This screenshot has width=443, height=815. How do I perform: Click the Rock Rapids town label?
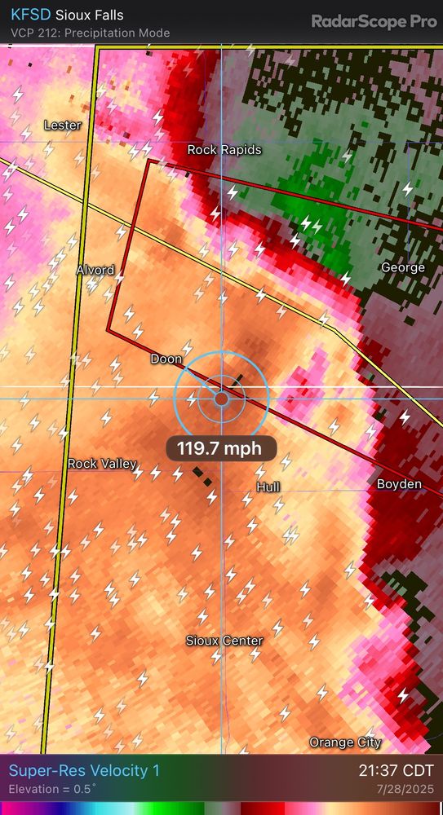click(224, 150)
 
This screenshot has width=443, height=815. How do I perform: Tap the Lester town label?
click(62, 126)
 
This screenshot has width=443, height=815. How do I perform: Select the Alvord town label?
click(95, 270)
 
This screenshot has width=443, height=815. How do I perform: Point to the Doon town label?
click(166, 359)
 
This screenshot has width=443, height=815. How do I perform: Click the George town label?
click(403, 267)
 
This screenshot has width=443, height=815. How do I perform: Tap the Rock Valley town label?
click(103, 463)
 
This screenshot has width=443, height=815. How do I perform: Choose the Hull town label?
click(268, 487)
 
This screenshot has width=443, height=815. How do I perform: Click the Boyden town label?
click(399, 484)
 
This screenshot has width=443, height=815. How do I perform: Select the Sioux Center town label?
click(224, 641)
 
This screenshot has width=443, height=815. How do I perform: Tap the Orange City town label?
click(345, 742)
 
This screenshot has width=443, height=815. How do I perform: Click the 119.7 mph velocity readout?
click(221, 447)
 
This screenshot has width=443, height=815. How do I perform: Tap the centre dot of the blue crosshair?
click(221, 398)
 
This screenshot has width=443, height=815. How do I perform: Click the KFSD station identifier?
click(30, 15)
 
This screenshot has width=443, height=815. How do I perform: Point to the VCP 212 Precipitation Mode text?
click(90, 33)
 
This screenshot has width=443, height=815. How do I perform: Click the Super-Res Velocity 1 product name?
click(84, 771)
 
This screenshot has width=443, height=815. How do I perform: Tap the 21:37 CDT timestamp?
click(396, 771)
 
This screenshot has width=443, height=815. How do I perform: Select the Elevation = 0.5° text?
click(52, 790)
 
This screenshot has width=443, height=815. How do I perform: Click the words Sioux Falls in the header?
click(90, 15)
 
